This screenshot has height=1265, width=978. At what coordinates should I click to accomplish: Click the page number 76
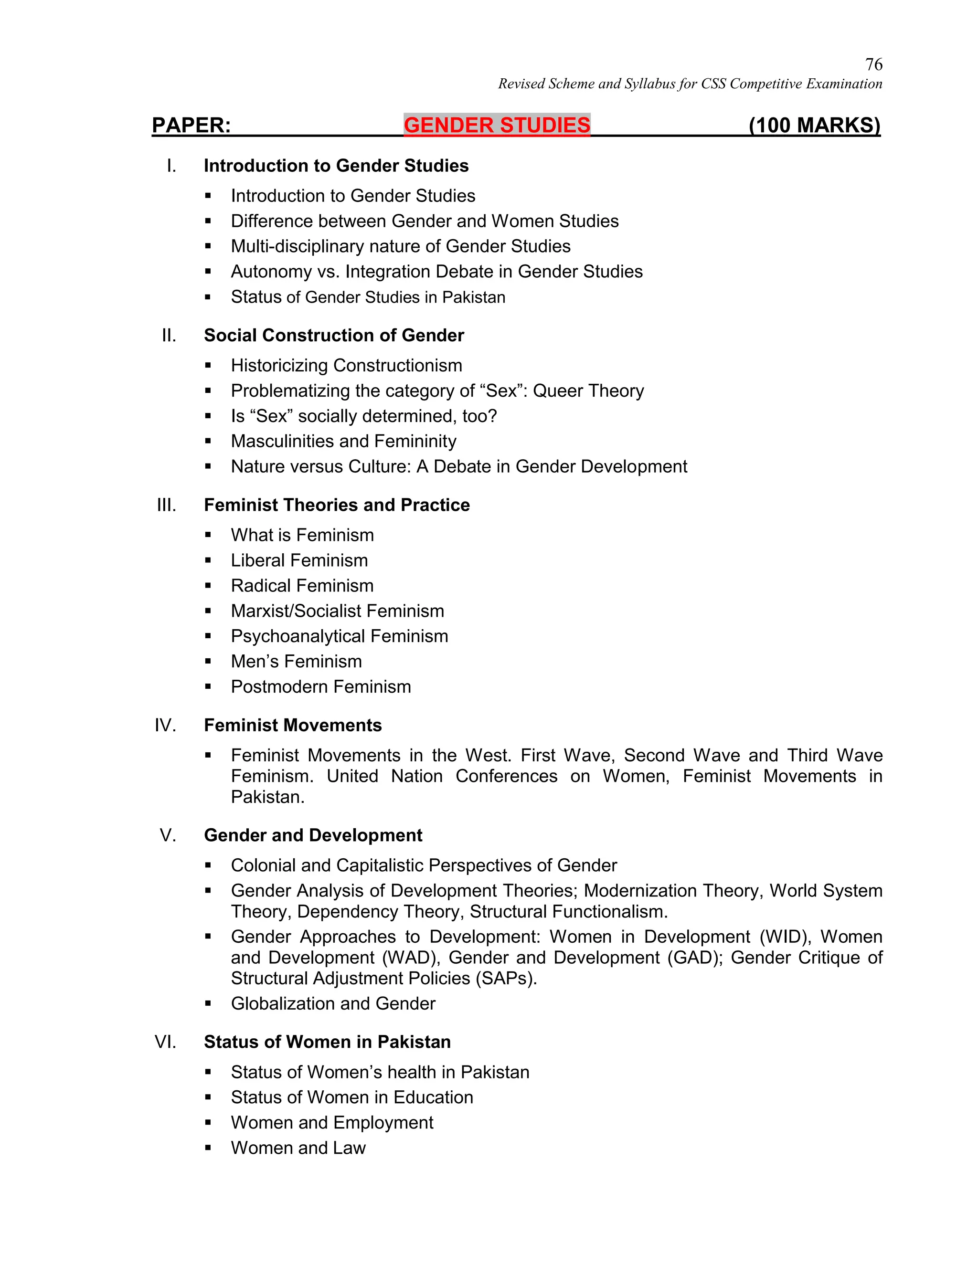pyautogui.click(x=873, y=64)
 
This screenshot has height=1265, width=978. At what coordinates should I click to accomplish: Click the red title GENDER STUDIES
pyautogui.click(x=497, y=125)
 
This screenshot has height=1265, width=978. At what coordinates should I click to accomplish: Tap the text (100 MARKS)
pyautogui.click(x=814, y=125)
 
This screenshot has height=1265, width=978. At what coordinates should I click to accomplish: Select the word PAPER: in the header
pyautogui.click(x=191, y=125)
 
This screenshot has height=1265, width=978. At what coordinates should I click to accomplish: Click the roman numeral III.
pyautogui.click(x=166, y=505)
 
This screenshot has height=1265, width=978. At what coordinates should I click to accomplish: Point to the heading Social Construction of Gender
pyautogui.click(x=334, y=336)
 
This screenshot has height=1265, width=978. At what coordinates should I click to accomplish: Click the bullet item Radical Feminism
pyautogui.click(x=302, y=586)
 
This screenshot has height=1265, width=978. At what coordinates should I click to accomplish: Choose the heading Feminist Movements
pyautogui.click(x=293, y=725)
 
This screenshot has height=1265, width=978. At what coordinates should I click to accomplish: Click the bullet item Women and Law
pyautogui.click(x=298, y=1148)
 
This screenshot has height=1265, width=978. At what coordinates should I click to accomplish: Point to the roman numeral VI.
pyautogui.click(x=165, y=1042)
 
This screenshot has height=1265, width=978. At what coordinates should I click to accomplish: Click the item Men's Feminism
pyautogui.click(x=296, y=662)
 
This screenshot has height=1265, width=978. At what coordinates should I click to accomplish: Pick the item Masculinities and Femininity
pyautogui.click(x=343, y=442)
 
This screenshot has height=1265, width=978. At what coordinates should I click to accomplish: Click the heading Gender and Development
pyautogui.click(x=313, y=835)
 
